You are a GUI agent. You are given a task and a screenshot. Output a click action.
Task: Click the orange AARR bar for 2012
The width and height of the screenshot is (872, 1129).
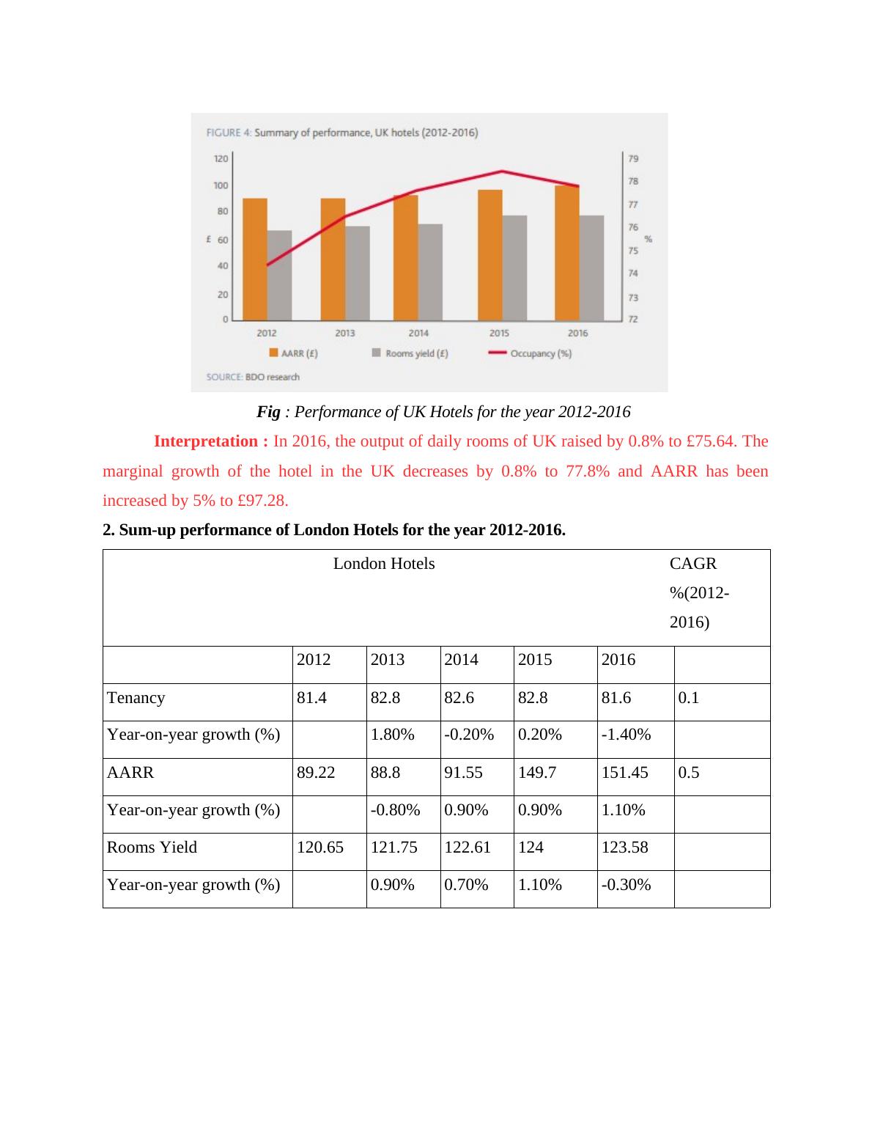[x=254, y=259]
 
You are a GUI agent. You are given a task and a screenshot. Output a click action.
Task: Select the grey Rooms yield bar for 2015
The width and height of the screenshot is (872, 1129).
[x=514, y=268]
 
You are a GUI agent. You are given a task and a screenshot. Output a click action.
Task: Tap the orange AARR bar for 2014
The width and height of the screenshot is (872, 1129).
[x=405, y=257]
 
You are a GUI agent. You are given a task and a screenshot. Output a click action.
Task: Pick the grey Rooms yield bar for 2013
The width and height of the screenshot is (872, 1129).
[x=357, y=273]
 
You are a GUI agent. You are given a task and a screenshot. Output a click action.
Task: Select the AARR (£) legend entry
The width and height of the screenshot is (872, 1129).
[x=294, y=353]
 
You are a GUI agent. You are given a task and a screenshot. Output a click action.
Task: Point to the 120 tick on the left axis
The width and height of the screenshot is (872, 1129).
[x=221, y=158]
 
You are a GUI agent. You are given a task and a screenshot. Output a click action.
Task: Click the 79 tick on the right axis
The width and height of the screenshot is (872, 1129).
[x=633, y=158]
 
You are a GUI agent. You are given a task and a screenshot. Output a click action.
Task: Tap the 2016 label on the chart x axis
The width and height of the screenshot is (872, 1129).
[x=577, y=333]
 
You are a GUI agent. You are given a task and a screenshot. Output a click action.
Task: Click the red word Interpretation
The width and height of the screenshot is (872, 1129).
[x=210, y=441]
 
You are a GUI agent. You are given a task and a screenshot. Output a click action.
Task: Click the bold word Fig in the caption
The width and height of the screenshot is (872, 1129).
[x=268, y=412]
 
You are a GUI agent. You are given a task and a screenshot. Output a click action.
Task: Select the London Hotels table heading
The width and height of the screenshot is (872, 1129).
[x=384, y=564]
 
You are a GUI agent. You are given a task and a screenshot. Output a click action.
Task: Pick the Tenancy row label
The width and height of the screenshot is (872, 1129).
[x=136, y=698]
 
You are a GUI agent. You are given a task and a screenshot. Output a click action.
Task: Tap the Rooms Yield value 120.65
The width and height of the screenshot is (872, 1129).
[x=320, y=847]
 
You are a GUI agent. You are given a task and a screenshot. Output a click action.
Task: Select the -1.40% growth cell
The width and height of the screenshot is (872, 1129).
[x=626, y=735]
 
